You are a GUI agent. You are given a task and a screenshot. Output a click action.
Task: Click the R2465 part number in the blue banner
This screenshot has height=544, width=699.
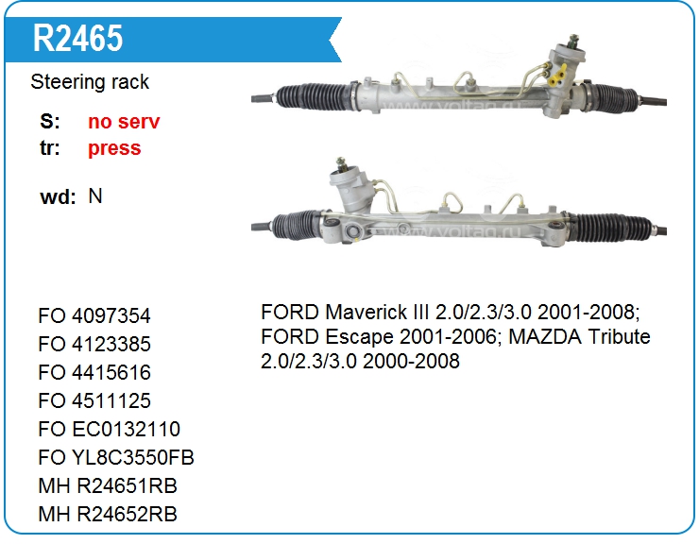point(78,38)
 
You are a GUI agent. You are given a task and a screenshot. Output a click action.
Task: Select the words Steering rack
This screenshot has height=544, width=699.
point(90,82)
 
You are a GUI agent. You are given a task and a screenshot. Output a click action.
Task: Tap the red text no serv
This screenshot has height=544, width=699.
point(124,121)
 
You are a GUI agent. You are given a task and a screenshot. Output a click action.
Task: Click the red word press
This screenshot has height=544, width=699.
point(114,148)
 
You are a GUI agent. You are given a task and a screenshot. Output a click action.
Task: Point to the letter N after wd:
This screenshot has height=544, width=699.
point(95,196)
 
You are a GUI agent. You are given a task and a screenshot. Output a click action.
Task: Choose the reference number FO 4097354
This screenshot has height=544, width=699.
point(94,315)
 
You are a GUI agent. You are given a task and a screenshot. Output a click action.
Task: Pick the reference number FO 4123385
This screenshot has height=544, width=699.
point(94,344)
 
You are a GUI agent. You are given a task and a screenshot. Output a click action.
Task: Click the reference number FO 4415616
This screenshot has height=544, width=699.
point(94,372)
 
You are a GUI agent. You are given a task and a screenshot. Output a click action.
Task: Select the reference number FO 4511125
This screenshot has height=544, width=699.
point(94,400)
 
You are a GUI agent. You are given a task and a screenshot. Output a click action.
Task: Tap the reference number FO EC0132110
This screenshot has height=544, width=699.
point(110,429)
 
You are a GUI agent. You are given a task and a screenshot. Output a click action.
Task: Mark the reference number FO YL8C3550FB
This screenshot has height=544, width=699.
point(116,457)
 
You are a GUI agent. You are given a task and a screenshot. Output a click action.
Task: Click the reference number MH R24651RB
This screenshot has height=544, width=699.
point(108,485)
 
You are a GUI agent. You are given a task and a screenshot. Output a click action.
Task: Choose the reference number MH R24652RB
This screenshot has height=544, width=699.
point(108,514)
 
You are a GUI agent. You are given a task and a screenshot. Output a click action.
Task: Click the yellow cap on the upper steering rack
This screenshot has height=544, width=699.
point(557,76)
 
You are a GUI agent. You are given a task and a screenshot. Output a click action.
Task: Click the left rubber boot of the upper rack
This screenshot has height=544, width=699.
point(313,96)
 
